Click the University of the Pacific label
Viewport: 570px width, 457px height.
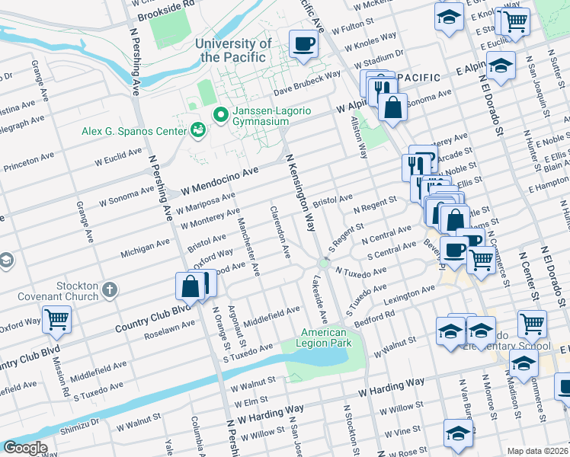tap(232, 50)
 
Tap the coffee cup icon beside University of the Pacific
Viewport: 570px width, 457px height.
tap(303, 44)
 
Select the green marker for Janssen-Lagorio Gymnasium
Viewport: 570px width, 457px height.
tap(221, 115)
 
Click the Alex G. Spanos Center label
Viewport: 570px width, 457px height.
tap(134, 131)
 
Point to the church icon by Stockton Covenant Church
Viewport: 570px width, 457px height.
tap(110, 289)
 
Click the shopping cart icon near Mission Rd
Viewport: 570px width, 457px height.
tap(56, 320)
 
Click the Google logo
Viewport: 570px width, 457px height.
tap(24, 448)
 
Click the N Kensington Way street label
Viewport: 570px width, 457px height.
tap(299, 193)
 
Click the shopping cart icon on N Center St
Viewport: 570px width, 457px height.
tap(532, 324)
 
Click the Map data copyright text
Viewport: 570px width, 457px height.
tap(538, 450)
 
